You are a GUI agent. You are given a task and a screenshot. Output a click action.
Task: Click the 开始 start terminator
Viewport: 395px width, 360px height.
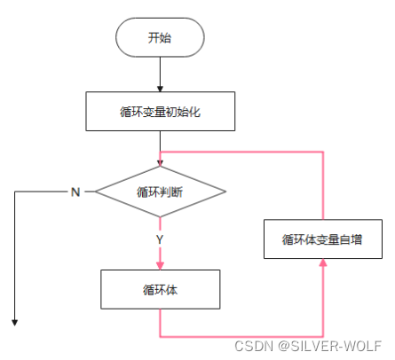(160, 37)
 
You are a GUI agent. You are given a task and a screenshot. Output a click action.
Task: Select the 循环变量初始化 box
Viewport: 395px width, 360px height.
(160, 112)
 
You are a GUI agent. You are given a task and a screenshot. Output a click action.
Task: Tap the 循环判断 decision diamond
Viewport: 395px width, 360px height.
(160, 191)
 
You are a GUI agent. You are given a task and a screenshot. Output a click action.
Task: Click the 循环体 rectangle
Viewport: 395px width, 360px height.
(160, 289)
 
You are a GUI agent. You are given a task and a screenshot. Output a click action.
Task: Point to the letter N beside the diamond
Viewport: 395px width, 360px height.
(75, 192)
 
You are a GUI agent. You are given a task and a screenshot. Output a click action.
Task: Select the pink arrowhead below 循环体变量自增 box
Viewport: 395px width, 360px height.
(323, 263)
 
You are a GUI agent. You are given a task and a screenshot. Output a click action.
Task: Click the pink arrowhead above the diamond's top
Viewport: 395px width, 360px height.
(160, 161)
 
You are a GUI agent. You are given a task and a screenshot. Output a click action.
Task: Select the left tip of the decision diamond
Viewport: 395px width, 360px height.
(95, 191)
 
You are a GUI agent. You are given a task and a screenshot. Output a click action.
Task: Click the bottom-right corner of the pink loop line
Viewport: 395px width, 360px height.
(323, 335)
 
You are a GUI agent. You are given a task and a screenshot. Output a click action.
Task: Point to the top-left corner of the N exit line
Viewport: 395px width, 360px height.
(16, 191)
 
